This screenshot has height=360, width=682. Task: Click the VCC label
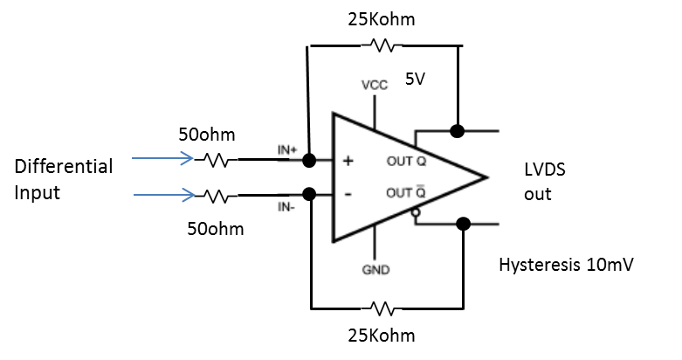[375, 85]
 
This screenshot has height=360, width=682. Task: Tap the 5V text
[415, 79]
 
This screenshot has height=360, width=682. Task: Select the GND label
[375, 270]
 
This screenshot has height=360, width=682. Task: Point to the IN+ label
[287, 150]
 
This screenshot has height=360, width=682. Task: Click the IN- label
[286, 207]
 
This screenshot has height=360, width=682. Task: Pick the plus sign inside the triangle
[348, 161]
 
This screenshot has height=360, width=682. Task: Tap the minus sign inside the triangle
[348, 193]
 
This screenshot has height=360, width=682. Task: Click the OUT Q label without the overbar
[406, 162]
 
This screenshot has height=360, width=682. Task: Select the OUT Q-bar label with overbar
[406, 192]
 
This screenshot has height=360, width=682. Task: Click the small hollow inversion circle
[416, 212]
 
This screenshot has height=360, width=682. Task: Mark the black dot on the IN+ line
[309, 160]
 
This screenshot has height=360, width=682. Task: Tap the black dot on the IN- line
[309, 194]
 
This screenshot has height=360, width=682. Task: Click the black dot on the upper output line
[457, 131]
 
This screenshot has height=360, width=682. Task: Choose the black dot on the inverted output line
[463, 224]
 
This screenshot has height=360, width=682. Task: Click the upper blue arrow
[163, 158]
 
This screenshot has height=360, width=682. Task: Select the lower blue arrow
[165, 194]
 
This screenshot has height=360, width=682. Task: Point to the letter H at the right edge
[504, 265]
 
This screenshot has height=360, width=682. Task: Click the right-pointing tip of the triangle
[485, 177]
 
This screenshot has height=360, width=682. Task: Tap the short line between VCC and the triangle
[375, 111]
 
